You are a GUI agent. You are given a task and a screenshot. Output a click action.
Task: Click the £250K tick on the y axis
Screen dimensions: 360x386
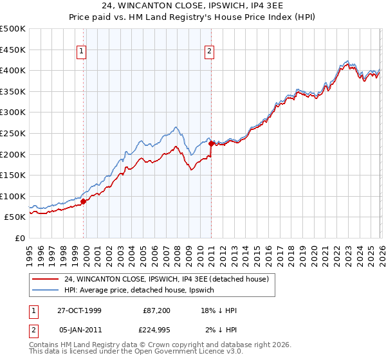tap(13, 133)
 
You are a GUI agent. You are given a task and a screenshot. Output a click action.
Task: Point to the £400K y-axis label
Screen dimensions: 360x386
tap(13, 71)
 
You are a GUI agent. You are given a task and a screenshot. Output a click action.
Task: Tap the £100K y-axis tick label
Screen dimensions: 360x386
tap(13, 196)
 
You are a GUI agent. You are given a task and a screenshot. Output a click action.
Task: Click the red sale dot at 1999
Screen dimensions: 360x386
tap(83, 201)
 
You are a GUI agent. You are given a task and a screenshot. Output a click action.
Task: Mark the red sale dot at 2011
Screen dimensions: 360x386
tap(211, 144)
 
